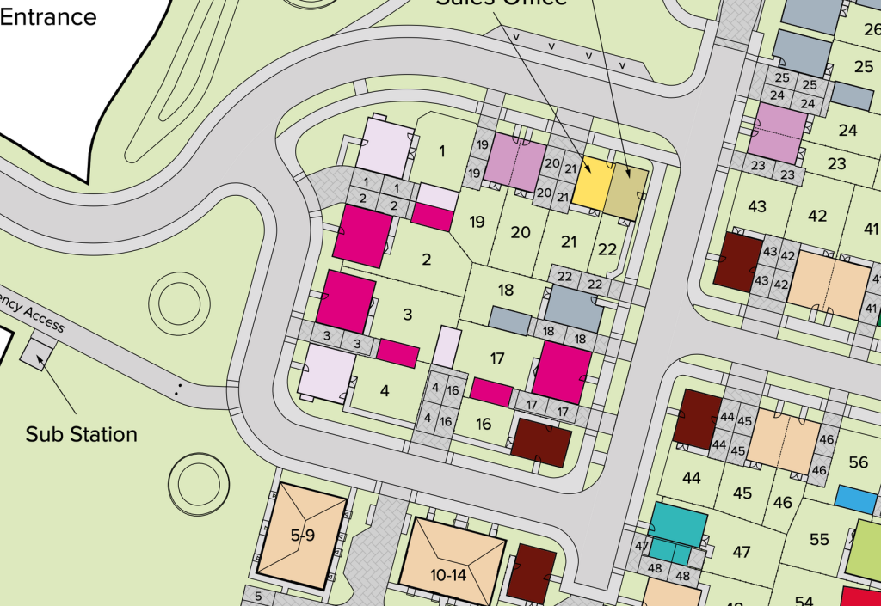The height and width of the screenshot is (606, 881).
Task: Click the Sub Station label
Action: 81,434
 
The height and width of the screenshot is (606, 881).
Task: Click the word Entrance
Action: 48,15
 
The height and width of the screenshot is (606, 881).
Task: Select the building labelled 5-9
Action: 302,536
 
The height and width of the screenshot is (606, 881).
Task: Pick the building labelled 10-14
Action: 449,562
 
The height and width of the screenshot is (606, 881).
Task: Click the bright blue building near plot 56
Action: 855,499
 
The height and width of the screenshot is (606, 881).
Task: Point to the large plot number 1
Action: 442,152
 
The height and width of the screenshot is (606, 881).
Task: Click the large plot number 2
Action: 426,259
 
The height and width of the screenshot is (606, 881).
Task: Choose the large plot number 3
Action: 408,314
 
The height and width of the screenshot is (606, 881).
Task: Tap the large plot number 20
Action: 521,231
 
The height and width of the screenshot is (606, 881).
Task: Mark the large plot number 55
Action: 819,539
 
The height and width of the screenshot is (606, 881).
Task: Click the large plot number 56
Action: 858,462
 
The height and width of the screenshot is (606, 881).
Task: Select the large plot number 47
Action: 741,552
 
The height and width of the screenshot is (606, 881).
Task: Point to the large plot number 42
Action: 817,216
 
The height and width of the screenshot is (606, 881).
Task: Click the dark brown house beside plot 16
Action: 540,443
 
